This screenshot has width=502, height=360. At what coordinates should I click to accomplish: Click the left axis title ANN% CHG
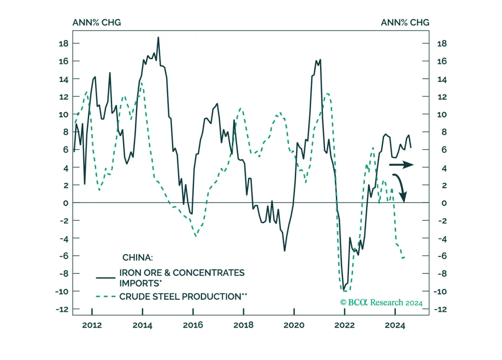[x=97, y=23]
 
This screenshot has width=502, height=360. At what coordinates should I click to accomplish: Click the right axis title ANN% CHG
[x=405, y=23]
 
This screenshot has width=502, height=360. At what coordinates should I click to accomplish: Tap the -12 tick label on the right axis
[x=441, y=309]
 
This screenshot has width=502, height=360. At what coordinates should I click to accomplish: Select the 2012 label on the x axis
[x=92, y=325]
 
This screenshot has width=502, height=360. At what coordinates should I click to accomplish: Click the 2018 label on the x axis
[x=243, y=325]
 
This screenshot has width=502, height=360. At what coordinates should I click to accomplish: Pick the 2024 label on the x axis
[x=395, y=325]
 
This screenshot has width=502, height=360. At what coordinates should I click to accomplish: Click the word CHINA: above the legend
[x=137, y=258]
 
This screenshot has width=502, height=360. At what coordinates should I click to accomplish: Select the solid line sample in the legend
[x=105, y=278]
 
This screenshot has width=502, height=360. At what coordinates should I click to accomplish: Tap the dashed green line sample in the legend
[x=105, y=296]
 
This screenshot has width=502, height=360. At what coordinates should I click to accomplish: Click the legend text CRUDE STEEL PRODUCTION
[x=180, y=296]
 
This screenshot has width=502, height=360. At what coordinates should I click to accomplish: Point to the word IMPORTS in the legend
[x=139, y=283]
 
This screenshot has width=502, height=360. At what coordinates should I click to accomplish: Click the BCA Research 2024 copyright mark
[x=381, y=303]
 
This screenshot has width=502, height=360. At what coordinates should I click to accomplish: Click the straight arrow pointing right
[x=401, y=165]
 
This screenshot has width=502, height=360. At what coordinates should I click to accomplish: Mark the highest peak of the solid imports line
[x=158, y=37]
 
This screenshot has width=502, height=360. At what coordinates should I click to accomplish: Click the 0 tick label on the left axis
[x=66, y=203]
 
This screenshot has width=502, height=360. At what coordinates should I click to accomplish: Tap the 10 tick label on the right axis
[x=442, y=115]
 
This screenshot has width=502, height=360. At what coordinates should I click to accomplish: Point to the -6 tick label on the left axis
[x=64, y=256]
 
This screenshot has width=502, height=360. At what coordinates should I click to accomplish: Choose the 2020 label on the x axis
[x=294, y=325]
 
